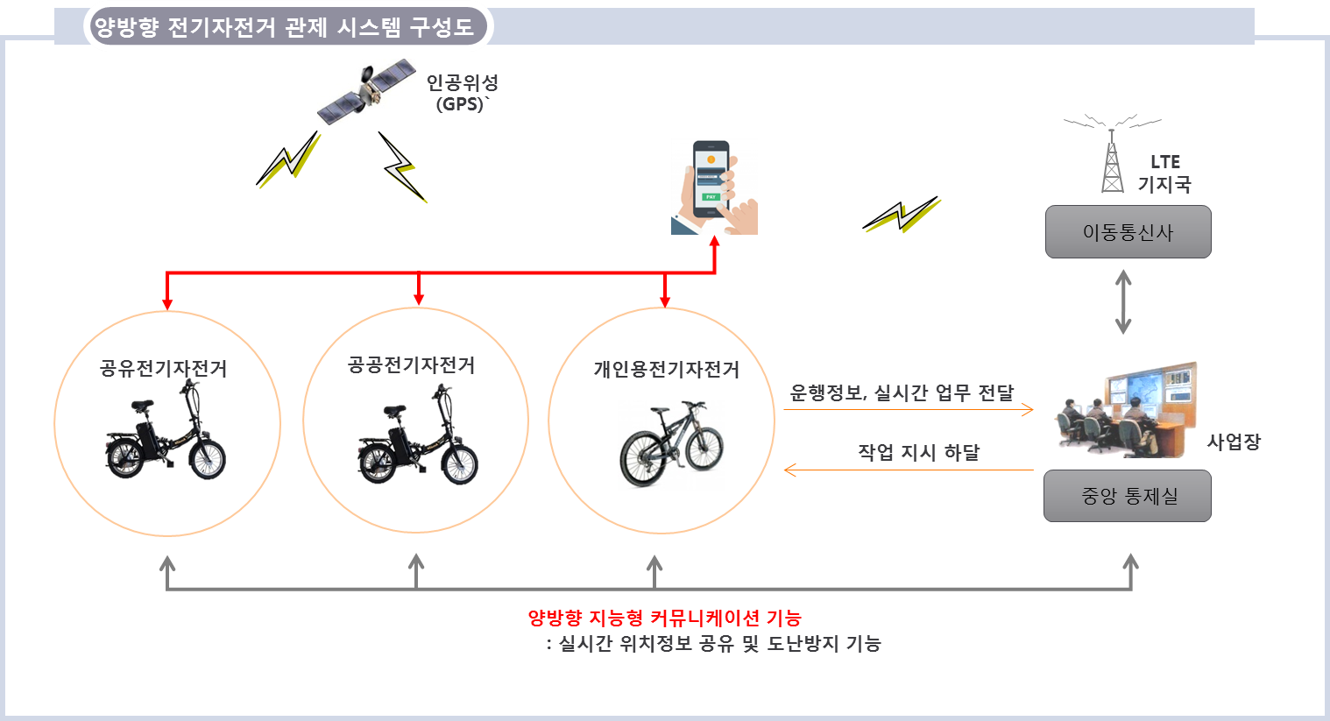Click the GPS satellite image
[366, 92]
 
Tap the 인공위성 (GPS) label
[462, 93]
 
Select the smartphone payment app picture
[714, 187]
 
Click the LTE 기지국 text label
[1164, 173]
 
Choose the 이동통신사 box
[1128, 232]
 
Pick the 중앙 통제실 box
[1128, 496]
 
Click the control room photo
[1128, 408]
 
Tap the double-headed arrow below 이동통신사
[1123, 302]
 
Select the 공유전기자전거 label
[164, 368]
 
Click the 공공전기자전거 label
[412, 364]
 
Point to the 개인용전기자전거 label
[666, 369]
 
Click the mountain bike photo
[671, 445]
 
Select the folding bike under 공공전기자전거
[417, 435]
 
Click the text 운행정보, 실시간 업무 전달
[902, 392]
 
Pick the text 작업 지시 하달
[918, 452]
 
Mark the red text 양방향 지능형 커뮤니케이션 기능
[664, 618]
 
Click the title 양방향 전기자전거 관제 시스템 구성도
[285, 27]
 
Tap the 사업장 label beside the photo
[1234, 442]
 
